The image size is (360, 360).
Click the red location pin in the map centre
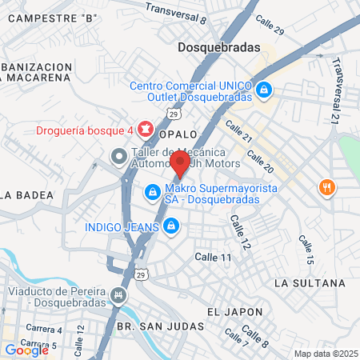click(x=179, y=164)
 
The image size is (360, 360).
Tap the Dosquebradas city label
click(x=218, y=47)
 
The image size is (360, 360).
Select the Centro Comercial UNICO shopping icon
click(x=263, y=90)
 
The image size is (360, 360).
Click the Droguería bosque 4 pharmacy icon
click(x=145, y=127)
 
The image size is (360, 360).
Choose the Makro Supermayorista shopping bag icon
click(x=152, y=192)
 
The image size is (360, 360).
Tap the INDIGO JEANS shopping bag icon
click(x=169, y=227)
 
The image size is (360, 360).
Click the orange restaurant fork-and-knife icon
click(x=326, y=188)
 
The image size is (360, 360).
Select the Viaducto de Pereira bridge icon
click(x=120, y=296)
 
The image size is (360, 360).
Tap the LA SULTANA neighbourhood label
click(x=309, y=283)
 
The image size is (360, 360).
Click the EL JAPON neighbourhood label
click(x=234, y=311)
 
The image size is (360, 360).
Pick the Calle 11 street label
click(x=214, y=257)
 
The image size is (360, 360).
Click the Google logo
click(x=26, y=350)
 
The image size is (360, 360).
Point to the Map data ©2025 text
click(x=326, y=354)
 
